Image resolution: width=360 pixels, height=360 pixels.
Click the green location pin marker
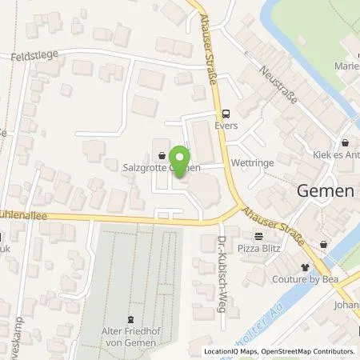[181, 158]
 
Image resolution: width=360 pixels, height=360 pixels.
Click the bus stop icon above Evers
[226, 113]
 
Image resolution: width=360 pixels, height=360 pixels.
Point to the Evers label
[226, 126]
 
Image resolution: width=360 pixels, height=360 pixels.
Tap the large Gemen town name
[326, 191]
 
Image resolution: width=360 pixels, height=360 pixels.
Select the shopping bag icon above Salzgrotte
[164, 155]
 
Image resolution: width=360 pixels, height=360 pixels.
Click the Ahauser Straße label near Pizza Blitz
[273, 210]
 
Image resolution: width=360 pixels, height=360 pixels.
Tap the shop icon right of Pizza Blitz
[323, 244]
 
